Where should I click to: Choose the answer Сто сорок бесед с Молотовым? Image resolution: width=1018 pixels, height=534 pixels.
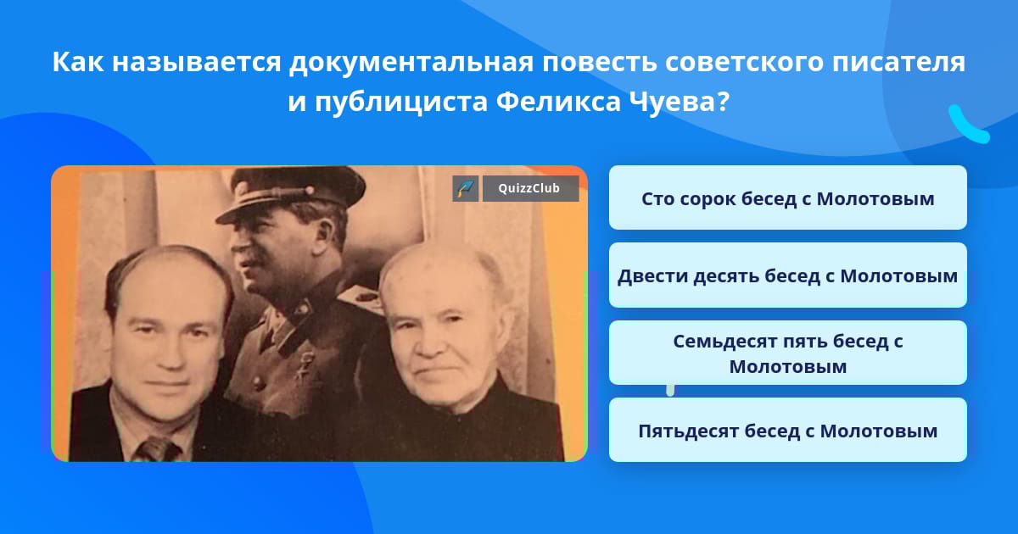tap(787, 198)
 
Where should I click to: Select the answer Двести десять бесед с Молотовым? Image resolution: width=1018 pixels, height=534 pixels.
tap(787, 275)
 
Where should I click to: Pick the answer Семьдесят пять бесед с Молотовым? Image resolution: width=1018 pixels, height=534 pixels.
tap(787, 353)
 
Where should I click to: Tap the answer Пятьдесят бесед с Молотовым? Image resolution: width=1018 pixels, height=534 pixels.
tap(787, 431)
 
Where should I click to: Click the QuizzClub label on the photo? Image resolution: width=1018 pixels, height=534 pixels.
tap(531, 189)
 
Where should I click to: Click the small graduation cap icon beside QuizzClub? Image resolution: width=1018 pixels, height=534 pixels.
tap(465, 189)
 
